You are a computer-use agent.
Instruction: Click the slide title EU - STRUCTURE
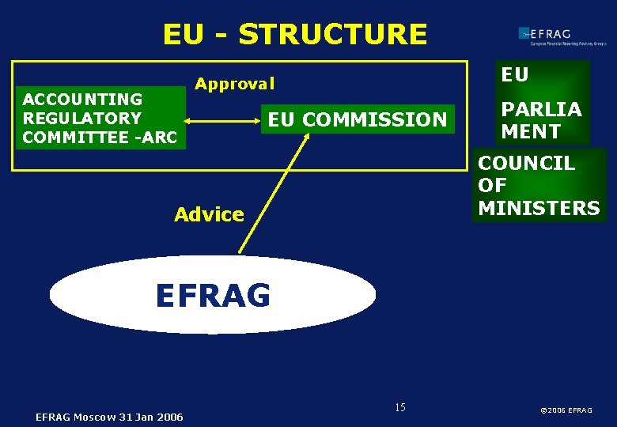(294, 35)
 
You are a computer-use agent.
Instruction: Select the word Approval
(235, 84)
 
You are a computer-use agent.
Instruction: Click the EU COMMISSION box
(358, 120)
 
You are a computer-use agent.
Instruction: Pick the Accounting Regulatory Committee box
(100, 119)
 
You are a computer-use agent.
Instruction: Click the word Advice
(209, 214)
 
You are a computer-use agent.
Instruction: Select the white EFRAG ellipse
(212, 295)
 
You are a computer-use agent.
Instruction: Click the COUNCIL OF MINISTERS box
(539, 186)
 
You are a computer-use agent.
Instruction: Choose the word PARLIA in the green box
(541, 109)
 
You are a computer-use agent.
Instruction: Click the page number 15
(399, 407)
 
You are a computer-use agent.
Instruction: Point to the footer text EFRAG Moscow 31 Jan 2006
(109, 417)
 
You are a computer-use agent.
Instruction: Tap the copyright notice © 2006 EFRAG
(566, 410)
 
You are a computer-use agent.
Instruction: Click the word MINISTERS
(539, 208)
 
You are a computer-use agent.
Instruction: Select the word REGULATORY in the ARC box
(82, 119)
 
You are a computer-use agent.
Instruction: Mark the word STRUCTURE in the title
(332, 35)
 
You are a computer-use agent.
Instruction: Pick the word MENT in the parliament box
(531, 131)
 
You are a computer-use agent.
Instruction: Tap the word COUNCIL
(526, 164)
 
